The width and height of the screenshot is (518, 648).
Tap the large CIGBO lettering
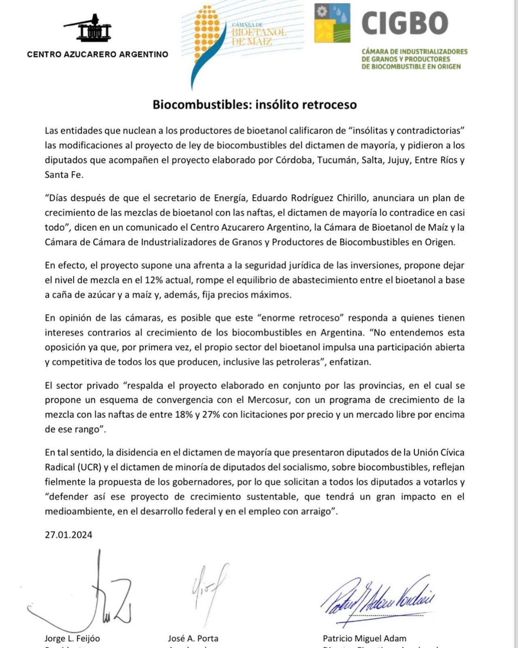pyautogui.click(x=405, y=23)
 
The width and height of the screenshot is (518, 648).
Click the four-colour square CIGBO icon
pyautogui.click(x=332, y=23)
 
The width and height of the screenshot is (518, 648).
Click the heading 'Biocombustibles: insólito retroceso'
pyautogui.click(x=255, y=105)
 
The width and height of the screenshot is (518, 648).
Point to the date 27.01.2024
pyautogui.click(x=68, y=535)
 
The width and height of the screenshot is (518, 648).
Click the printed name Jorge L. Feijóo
pyautogui.click(x=72, y=638)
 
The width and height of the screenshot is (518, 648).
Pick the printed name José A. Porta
pyautogui.click(x=193, y=638)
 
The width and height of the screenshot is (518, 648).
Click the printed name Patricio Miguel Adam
pyautogui.click(x=364, y=638)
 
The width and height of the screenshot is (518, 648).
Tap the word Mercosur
pyautogui.click(x=268, y=400)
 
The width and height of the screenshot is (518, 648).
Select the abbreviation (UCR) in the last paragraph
pyautogui.click(x=89, y=467)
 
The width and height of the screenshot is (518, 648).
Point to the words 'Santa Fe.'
pyautogui.click(x=64, y=175)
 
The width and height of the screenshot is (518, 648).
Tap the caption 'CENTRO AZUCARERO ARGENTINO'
pyautogui.click(x=98, y=54)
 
